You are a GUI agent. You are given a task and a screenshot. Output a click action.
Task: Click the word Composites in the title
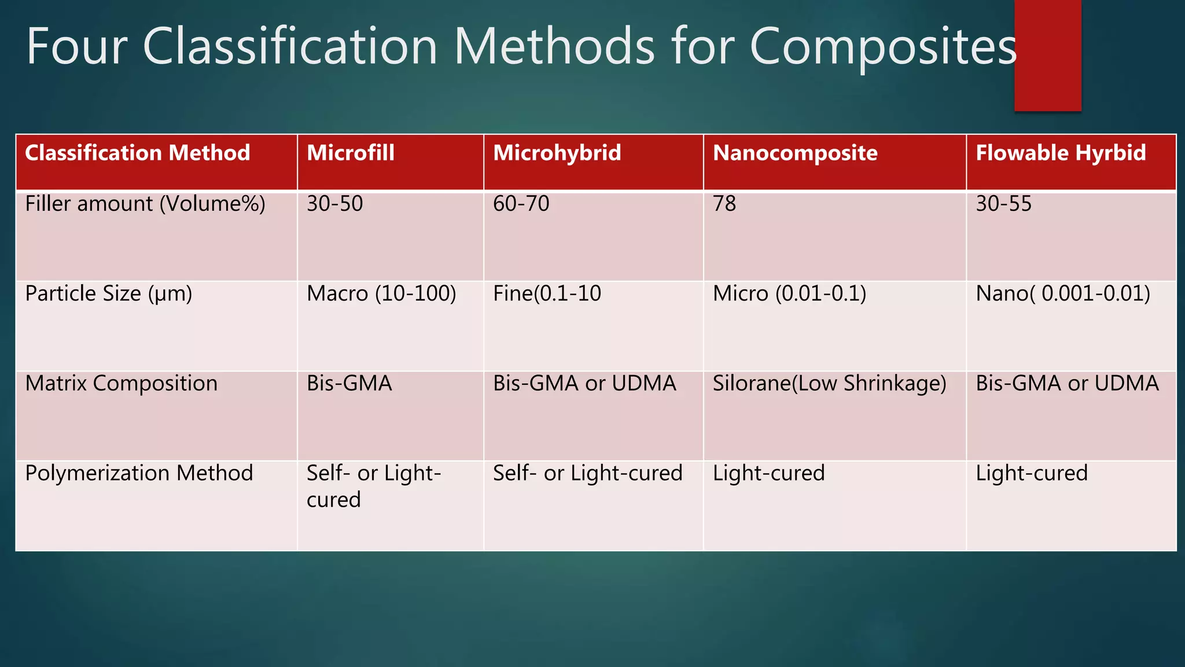pos(883,47)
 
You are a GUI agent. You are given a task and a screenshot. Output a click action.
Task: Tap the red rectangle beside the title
pos(1047,55)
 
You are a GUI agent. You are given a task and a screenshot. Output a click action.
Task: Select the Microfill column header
pos(351,153)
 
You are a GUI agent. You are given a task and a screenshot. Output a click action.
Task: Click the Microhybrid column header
pos(557,153)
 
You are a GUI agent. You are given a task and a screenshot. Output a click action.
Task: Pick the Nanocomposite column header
pos(795,153)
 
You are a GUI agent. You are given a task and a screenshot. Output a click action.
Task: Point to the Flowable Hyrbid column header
pos(1060,153)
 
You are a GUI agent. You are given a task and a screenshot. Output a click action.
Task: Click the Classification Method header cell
pos(138,153)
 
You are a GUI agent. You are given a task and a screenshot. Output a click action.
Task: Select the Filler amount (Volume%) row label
pos(145,204)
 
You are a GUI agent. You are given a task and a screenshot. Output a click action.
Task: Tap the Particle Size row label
pos(109,294)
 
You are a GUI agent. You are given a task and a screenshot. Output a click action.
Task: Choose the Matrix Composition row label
pos(122,383)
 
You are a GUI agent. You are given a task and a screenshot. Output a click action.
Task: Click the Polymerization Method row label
pos(139,473)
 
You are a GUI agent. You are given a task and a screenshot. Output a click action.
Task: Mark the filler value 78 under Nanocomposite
pos(724,204)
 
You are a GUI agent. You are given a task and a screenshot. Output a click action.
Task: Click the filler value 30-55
pos(1003,204)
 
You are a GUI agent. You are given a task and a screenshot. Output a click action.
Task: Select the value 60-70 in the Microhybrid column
pos(521,204)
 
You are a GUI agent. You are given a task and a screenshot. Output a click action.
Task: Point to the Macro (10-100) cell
pos(381,294)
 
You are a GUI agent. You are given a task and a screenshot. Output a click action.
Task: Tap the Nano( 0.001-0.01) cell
pos(1062,294)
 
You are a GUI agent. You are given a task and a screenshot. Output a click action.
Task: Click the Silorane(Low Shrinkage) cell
pos(829,383)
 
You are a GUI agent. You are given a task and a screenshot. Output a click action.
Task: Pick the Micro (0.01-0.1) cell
pos(789,294)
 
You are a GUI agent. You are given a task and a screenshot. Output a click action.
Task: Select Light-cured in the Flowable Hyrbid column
pos(1031,473)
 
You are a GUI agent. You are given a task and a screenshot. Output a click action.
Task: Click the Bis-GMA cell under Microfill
pos(349,383)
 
